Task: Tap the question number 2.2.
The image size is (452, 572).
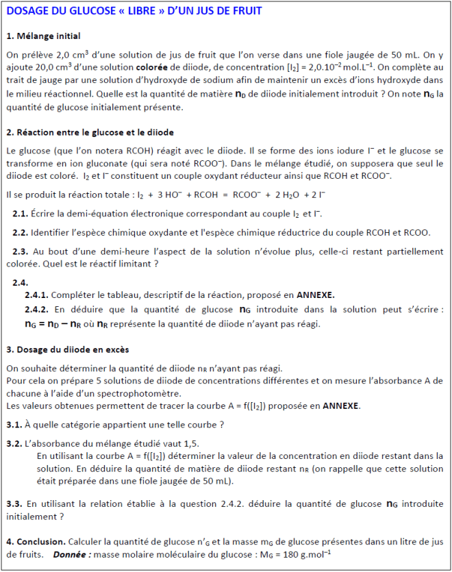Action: tap(20, 232)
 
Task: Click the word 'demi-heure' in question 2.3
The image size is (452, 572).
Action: tap(117, 251)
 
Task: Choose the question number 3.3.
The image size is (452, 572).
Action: tap(14, 505)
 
